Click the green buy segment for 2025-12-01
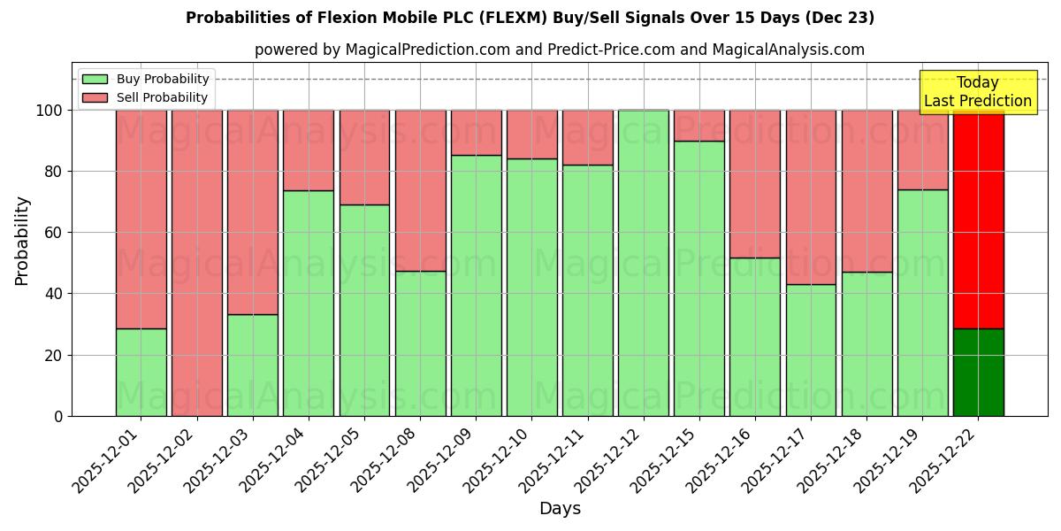pyautogui.click(x=141, y=372)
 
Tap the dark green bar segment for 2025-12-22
pyautogui.click(x=978, y=372)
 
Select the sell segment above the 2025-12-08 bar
pyautogui.click(x=420, y=190)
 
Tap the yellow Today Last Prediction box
pyautogui.click(x=978, y=92)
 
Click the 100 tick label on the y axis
pyautogui.click(x=50, y=111)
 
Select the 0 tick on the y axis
pyautogui.click(x=58, y=416)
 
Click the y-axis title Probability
pyautogui.click(x=22, y=241)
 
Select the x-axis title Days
pyautogui.click(x=560, y=509)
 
